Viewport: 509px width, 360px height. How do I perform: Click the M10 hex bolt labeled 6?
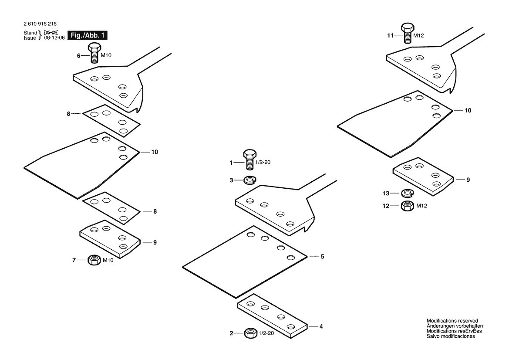click(x=94, y=53)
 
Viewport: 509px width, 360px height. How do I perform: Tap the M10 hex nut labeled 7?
click(x=94, y=260)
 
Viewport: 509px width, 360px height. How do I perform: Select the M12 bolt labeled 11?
click(x=408, y=33)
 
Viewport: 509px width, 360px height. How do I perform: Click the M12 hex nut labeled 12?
click(x=407, y=206)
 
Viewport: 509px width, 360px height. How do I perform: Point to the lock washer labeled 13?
click(x=407, y=194)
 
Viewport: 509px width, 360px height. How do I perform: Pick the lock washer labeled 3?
click(x=249, y=180)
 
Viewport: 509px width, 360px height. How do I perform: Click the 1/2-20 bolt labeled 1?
click(x=249, y=159)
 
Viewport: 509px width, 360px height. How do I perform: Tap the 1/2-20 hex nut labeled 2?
click(x=250, y=333)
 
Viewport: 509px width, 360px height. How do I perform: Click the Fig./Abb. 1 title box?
click(x=87, y=35)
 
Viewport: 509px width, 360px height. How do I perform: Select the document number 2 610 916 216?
click(x=40, y=24)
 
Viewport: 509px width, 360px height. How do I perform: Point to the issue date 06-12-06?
click(x=54, y=37)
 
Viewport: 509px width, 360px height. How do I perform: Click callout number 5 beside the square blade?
click(x=322, y=256)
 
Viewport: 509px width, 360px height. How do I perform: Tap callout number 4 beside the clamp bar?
click(x=321, y=326)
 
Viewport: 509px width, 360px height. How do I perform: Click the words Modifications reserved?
click(x=452, y=321)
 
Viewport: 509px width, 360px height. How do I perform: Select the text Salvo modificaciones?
click(x=451, y=336)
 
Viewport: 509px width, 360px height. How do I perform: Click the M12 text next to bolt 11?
click(x=418, y=35)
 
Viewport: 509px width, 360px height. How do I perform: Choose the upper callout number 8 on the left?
click(x=68, y=114)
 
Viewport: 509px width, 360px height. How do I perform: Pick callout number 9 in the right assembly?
click(x=468, y=180)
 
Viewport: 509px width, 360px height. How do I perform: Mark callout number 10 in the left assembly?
click(x=155, y=152)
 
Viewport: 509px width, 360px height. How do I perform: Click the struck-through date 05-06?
click(x=51, y=33)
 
